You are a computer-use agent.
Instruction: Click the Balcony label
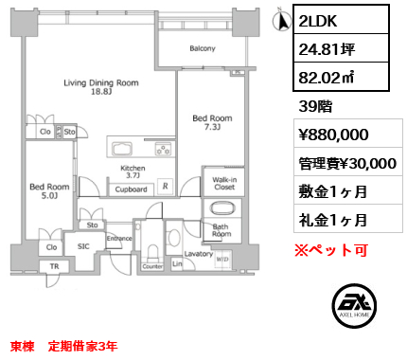pos(202,48)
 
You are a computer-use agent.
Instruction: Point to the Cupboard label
pos(131,189)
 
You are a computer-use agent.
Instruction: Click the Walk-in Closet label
pos(224,183)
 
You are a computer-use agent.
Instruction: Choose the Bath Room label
pos(221,230)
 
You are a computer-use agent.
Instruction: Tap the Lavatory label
pos(199,254)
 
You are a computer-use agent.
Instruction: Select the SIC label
pos(83,245)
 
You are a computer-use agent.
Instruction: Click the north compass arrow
pos(280,18)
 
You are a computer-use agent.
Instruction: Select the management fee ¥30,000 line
pos(346,163)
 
